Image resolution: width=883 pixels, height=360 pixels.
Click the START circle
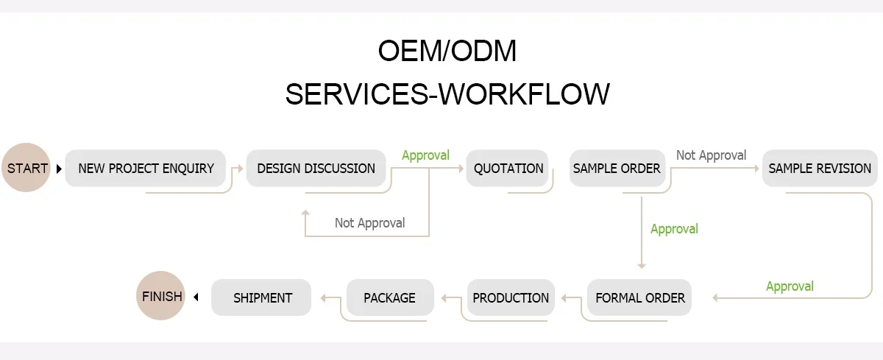click(x=26, y=168)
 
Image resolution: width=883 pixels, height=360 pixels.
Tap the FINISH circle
click(x=161, y=297)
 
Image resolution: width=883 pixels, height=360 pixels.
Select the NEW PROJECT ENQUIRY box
click(x=146, y=169)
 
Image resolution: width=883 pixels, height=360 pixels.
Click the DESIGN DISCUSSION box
click(x=316, y=169)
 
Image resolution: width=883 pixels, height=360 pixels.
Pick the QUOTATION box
click(x=508, y=169)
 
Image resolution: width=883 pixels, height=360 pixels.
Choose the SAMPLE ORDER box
click(x=617, y=169)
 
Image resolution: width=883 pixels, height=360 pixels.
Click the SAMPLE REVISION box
click(x=820, y=169)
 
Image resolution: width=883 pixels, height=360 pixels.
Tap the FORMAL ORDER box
click(x=639, y=298)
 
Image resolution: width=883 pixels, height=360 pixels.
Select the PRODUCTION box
click(x=511, y=298)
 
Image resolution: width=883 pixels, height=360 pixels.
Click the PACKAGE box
click(x=389, y=298)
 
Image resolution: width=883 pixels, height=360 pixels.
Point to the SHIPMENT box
click(x=263, y=298)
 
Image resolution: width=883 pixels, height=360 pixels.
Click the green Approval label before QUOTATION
click(x=425, y=155)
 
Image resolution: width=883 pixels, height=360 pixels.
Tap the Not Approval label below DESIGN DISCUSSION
click(x=369, y=223)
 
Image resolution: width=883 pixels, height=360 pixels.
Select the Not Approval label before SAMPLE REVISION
click(x=711, y=155)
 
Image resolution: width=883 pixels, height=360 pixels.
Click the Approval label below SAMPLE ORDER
click(x=674, y=229)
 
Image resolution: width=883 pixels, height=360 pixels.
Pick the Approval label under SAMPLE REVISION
click(x=790, y=286)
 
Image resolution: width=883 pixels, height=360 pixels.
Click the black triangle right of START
click(x=59, y=169)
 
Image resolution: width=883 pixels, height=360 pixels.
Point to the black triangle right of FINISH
click(x=196, y=297)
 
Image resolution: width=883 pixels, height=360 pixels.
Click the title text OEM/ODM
click(x=447, y=52)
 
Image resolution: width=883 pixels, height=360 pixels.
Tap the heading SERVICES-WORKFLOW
click(x=447, y=94)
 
